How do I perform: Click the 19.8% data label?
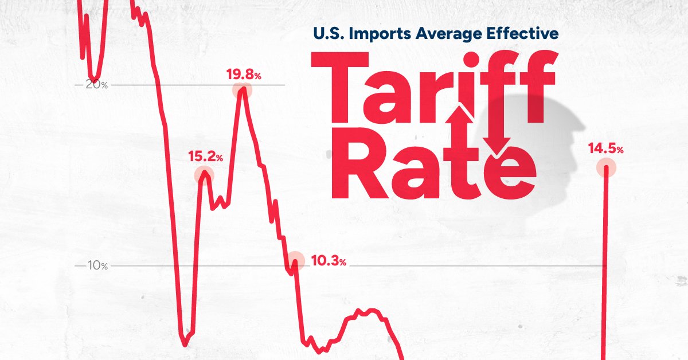(244, 75)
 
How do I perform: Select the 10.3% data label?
(328, 262)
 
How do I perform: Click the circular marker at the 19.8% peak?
(243, 90)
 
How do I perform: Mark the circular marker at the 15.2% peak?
(204, 174)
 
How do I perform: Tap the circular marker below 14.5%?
(605, 169)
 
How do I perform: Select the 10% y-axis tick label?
(96, 265)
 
